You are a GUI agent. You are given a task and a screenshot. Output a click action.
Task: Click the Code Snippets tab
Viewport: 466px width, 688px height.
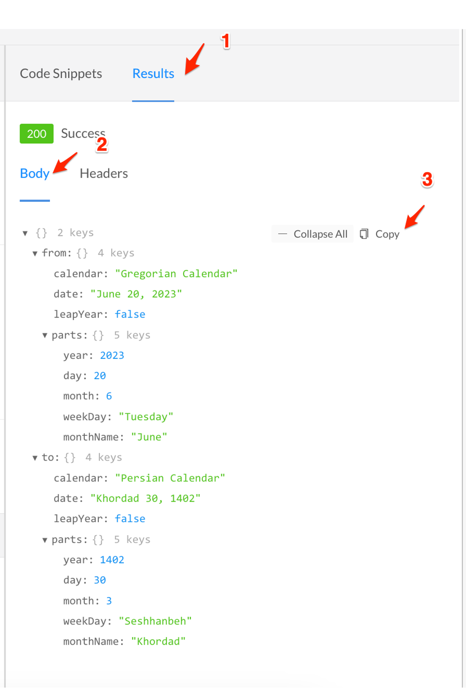[x=61, y=74]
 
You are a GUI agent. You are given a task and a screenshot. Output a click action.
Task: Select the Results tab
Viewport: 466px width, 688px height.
[x=153, y=74]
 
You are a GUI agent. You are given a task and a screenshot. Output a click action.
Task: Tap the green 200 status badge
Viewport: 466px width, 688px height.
[x=36, y=134]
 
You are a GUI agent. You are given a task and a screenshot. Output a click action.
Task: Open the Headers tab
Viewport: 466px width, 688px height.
[x=103, y=173]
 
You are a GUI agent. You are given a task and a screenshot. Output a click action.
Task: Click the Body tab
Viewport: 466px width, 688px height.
[x=34, y=173]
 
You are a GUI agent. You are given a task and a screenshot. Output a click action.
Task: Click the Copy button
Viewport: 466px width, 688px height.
[x=380, y=234]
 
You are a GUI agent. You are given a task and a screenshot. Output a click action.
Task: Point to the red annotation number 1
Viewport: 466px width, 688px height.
[x=226, y=41]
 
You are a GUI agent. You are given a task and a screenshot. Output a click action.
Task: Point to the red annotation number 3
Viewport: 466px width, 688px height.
[x=427, y=179]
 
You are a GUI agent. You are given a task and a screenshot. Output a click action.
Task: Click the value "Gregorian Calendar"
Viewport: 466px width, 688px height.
[x=176, y=274]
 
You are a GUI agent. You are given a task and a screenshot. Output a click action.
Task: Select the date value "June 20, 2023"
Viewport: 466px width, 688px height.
[x=136, y=294]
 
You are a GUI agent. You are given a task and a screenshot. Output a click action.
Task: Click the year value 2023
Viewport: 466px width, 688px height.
[x=112, y=356]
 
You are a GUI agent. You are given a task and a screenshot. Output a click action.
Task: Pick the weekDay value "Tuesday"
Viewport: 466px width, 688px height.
[x=146, y=417]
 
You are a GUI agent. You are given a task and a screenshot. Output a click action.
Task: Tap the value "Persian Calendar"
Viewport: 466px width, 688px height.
[x=170, y=478]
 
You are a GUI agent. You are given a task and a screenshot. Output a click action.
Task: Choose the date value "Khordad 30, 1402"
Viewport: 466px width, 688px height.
[x=145, y=499]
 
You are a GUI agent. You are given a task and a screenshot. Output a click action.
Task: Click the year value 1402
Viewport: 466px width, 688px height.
[x=112, y=560]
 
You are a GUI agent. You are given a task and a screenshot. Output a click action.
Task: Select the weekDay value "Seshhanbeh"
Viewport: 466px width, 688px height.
[x=155, y=621]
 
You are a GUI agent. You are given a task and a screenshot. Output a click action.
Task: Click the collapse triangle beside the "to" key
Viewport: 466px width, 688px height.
[x=35, y=458]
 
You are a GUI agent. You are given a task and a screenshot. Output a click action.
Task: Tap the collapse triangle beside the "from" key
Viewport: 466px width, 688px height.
[x=35, y=254]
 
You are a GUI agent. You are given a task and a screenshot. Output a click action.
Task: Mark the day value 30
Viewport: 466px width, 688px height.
[x=100, y=580]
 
